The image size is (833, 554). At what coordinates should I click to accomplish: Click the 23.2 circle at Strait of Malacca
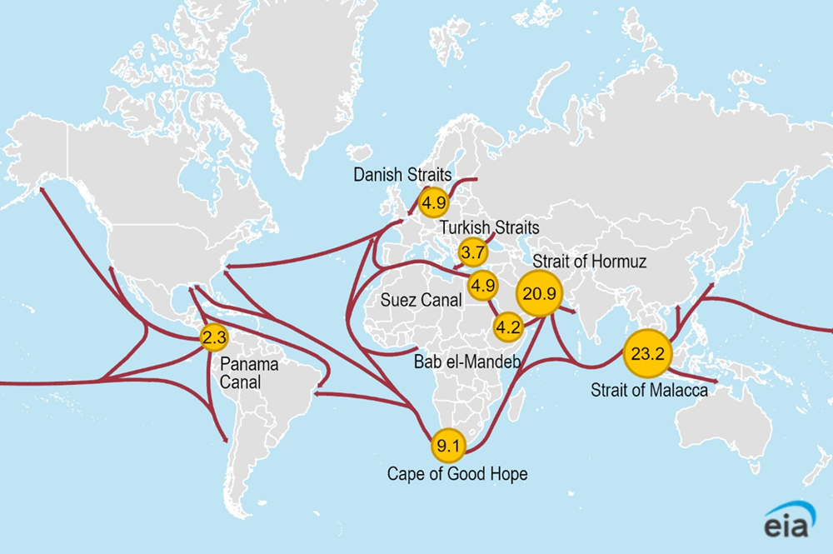click(647, 353)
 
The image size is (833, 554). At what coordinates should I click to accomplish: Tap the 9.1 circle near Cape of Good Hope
click(447, 447)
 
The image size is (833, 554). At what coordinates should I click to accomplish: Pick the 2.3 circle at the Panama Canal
click(214, 337)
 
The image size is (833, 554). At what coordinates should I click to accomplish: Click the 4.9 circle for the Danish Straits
click(433, 202)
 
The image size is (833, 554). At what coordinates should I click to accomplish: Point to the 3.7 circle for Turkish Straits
click(472, 252)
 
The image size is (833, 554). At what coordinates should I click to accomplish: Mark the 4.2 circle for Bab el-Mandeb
click(507, 327)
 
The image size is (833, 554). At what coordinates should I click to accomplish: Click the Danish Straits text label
click(402, 175)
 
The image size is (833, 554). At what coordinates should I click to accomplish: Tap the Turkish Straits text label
click(490, 227)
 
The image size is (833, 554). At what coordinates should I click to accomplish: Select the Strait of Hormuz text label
click(589, 262)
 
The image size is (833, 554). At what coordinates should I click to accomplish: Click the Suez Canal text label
click(421, 300)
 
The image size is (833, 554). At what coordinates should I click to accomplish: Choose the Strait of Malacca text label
click(649, 389)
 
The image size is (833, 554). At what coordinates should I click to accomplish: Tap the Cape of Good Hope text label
click(457, 474)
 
